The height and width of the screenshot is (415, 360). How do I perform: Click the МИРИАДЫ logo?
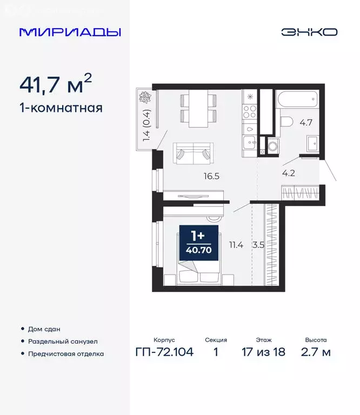point(70,32)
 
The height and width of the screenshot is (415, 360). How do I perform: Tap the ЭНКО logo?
point(309,32)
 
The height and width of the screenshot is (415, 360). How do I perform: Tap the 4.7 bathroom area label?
point(306,122)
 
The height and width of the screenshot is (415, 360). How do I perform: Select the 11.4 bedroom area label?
point(236,245)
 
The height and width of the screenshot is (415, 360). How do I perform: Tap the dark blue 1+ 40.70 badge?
point(198,243)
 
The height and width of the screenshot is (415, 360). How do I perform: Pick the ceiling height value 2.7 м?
point(316,352)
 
